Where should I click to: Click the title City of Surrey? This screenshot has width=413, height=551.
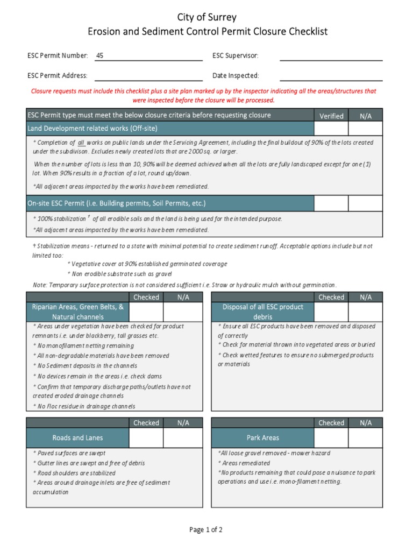pyautogui.click(x=206, y=18)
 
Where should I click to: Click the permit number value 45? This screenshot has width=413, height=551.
pyautogui.click(x=99, y=55)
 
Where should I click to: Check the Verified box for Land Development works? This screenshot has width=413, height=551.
pyautogui.click(x=331, y=128)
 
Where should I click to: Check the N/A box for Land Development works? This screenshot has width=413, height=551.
pyautogui.click(x=365, y=128)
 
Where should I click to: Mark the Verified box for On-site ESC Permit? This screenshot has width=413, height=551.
pyautogui.click(x=331, y=203)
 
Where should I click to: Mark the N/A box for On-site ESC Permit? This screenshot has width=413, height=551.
pyautogui.click(x=365, y=203)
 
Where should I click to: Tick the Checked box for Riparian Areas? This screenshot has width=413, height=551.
pyautogui.click(x=146, y=312)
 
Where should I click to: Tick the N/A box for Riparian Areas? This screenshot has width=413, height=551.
pyautogui.click(x=183, y=312)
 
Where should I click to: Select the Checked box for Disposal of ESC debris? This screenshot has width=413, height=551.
pyautogui.click(x=331, y=312)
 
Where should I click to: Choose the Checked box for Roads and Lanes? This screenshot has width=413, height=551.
pyautogui.click(x=146, y=438)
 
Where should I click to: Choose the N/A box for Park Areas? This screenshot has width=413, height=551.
pyautogui.click(x=365, y=438)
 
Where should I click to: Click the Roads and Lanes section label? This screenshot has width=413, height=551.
pyautogui.click(x=78, y=438)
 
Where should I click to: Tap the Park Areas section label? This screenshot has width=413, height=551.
pyautogui.click(x=262, y=438)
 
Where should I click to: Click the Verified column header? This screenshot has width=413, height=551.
pyautogui.click(x=331, y=116)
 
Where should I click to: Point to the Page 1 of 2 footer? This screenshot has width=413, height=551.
pyautogui.click(x=206, y=530)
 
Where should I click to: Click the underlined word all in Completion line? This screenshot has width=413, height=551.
pyautogui.click(x=82, y=143)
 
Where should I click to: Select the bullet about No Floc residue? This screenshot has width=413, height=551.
pyautogui.click(x=84, y=406)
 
